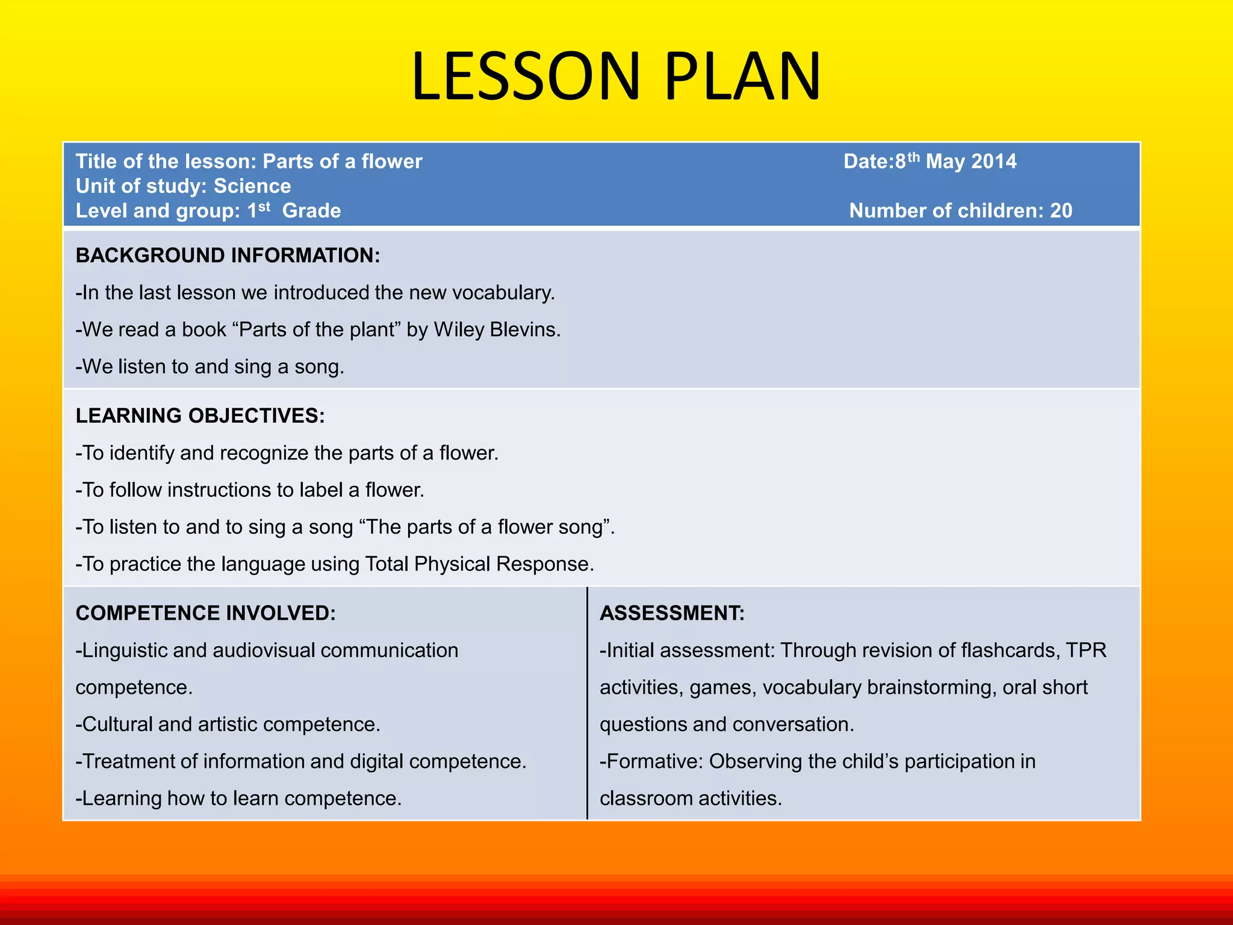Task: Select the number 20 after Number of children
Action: pos(1061,211)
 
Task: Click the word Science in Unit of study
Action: pos(252,186)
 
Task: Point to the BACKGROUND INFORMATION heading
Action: pos(228,255)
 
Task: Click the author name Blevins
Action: pos(524,329)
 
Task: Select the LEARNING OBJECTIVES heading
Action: pos(200,416)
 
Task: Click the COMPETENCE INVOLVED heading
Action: pos(205,613)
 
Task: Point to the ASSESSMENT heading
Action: pos(672,613)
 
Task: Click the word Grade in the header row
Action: pos(311,211)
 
